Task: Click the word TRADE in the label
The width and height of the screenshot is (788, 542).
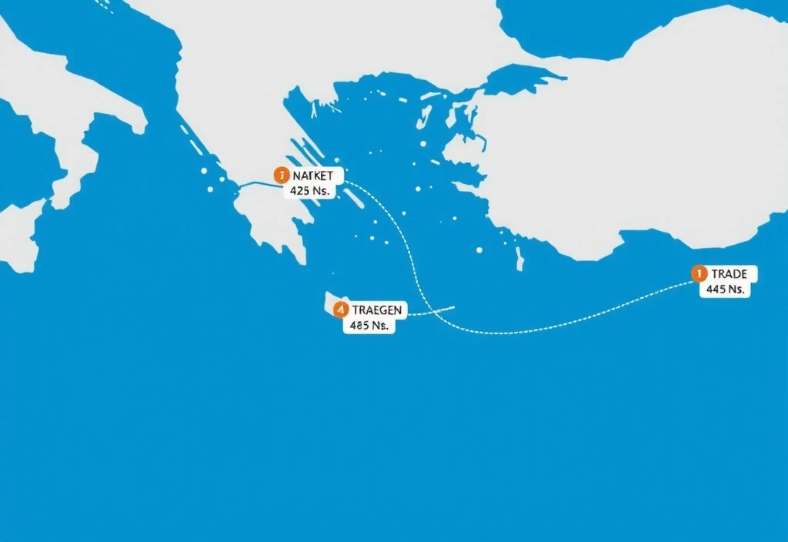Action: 730,274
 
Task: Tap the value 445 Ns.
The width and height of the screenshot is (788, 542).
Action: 724,290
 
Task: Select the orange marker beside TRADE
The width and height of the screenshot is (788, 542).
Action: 698,273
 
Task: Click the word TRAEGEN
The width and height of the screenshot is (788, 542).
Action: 377,309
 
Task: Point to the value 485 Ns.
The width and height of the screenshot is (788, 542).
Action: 368,325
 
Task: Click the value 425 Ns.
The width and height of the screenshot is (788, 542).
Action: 311,190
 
